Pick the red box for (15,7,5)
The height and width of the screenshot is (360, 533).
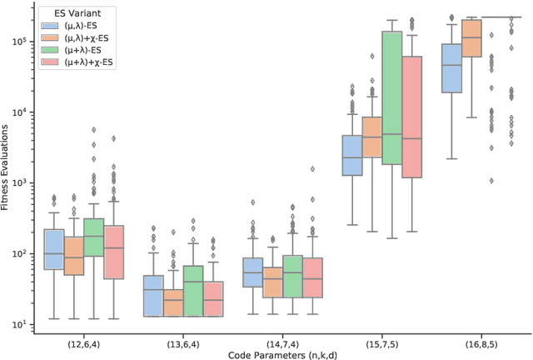tap(412, 117)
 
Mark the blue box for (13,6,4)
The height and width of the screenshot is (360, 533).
tap(153, 296)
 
